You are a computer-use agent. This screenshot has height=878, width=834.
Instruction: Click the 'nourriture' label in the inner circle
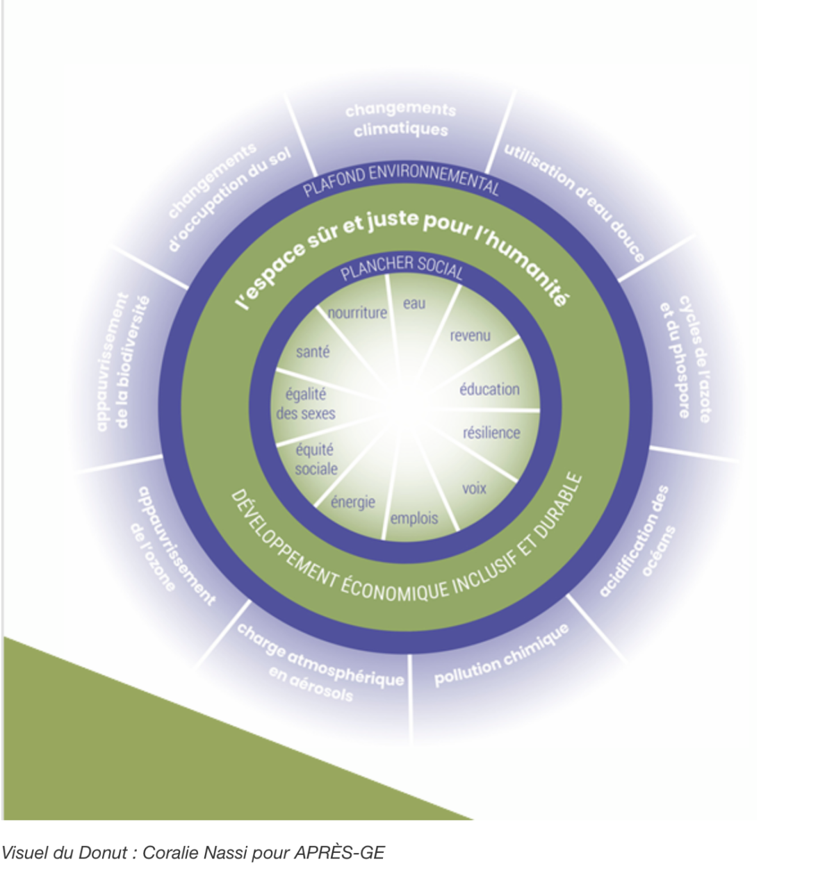coord(357,313)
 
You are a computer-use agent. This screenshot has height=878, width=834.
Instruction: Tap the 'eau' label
coord(414,304)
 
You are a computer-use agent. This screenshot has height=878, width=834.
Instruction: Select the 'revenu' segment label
coord(470,336)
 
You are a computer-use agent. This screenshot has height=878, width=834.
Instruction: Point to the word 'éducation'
coord(489,389)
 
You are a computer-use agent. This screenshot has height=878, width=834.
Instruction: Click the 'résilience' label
coord(491,432)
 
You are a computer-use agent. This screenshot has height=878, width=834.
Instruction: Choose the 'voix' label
coord(474,488)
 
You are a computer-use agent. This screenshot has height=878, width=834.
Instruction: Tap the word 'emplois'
coord(414,518)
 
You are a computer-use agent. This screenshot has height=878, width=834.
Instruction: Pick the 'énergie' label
coord(352,502)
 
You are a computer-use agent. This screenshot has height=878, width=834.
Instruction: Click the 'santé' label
coord(313,351)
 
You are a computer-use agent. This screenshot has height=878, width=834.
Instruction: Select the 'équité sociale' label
coord(316,459)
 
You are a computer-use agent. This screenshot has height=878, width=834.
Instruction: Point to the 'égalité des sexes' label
coord(306,404)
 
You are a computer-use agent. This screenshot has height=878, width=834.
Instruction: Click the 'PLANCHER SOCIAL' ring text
coord(401,267)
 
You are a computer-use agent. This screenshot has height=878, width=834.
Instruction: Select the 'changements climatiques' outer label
coord(400,119)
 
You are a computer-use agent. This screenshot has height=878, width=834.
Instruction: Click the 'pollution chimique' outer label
coord(502,655)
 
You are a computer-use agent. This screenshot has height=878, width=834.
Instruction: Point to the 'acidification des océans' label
coord(637,542)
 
